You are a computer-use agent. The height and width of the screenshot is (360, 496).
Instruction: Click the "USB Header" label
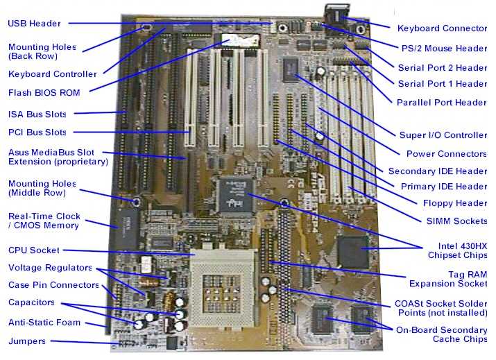(x=34, y=24)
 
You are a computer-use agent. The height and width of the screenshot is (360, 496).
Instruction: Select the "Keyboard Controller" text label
(x=52, y=74)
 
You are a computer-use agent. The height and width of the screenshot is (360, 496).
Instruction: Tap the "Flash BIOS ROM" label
(x=44, y=92)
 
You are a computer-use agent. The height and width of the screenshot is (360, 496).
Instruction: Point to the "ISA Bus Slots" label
(x=37, y=113)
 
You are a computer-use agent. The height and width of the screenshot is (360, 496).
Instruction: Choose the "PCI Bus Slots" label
(x=37, y=132)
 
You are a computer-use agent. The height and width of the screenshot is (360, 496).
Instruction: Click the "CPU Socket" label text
(x=33, y=250)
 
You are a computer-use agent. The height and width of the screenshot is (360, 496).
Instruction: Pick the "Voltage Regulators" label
(x=50, y=267)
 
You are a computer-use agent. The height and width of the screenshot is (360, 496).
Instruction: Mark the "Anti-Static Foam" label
(x=44, y=323)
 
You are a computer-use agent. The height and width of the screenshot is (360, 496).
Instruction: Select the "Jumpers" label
(x=27, y=341)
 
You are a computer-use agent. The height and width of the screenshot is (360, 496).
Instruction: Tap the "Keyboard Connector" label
(x=442, y=28)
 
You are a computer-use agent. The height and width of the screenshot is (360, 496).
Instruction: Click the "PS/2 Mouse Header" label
(x=443, y=48)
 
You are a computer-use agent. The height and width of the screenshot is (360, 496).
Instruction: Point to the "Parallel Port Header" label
(x=442, y=103)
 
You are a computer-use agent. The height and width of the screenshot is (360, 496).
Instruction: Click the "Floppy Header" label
(x=455, y=203)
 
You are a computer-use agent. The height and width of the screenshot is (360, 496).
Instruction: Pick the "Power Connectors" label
(x=446, y=153)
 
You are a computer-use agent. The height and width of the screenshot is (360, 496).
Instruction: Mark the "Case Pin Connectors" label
(x=53, y=284)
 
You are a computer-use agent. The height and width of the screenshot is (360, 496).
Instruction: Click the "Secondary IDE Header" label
(x=437, y=171)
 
